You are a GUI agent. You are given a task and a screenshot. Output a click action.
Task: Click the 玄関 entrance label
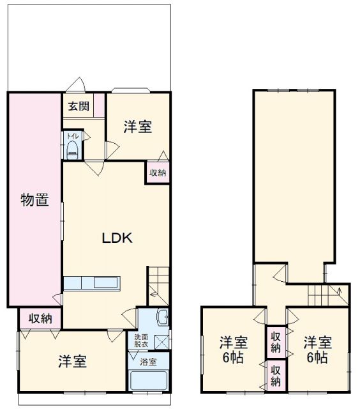79,106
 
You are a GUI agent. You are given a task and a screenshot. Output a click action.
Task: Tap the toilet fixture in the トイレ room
73,150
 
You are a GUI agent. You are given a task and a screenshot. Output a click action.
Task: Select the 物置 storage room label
34,200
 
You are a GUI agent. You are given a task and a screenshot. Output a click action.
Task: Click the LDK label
117,238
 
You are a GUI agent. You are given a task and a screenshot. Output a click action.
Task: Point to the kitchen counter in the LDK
92,283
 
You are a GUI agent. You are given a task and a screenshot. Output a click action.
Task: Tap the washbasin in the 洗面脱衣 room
163,317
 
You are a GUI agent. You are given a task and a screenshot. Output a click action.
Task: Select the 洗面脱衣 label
141,341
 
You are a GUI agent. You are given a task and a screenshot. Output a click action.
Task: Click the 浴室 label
148,362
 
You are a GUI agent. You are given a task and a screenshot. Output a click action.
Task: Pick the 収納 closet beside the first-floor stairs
157,173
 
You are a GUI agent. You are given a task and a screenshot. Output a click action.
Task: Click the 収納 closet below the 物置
40,318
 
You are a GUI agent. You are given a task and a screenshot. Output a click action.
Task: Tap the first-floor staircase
158,286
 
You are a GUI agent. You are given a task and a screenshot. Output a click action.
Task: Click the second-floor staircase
328,295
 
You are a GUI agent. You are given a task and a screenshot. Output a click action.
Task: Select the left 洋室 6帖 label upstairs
233,350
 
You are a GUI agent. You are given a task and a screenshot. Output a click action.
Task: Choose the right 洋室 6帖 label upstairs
317,350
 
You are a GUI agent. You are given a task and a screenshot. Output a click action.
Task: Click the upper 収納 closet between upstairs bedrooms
276,342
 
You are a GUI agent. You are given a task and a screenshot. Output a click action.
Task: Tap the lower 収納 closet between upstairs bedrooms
276,376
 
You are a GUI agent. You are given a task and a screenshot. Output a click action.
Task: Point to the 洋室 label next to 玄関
137,127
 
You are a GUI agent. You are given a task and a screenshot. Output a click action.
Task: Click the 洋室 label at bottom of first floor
72,361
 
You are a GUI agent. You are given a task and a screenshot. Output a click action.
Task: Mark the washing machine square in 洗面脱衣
161,343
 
